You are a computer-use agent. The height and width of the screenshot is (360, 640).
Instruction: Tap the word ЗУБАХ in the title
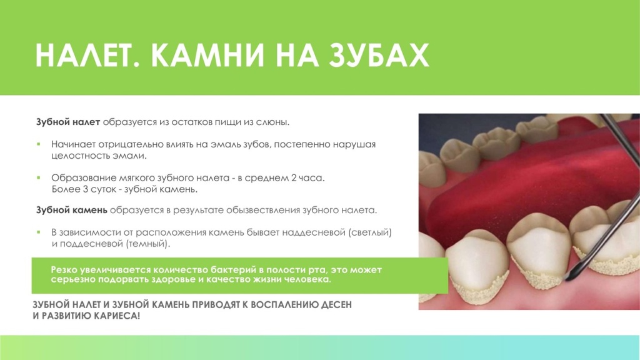[x=378, y=56]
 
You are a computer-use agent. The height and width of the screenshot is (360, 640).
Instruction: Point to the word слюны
[x=274, y=121]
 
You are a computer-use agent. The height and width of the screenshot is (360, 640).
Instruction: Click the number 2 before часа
[x=294, y=178]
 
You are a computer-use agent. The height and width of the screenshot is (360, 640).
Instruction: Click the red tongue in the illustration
[x=500, y=187]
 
